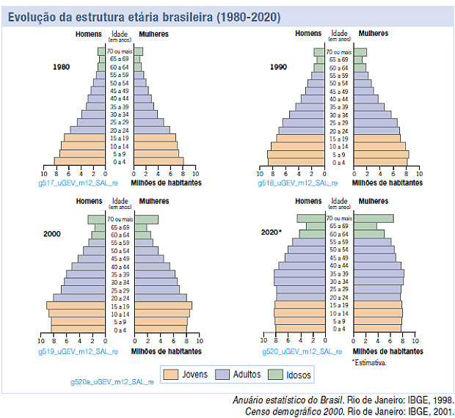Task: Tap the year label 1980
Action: point(62,67)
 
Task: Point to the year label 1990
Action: point(279,67)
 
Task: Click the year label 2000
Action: point(51,233)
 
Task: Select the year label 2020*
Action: point(271,232)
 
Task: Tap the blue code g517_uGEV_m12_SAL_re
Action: point(70,183)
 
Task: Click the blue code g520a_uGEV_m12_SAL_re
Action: point(112,381)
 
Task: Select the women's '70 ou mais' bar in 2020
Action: point(374,218)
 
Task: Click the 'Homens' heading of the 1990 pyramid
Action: point(308,34)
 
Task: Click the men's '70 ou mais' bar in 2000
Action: point(97,219)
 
